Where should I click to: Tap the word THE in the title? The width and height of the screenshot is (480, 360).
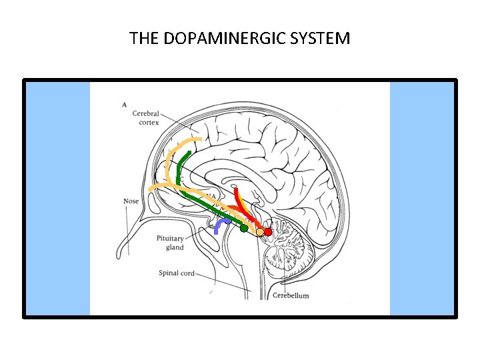(144, 38)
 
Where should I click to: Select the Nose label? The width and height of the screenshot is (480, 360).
(131, 201)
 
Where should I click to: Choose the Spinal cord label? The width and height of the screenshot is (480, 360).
(177, 273)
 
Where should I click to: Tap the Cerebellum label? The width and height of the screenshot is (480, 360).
(291, 295)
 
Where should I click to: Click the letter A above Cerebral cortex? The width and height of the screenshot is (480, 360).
(125, 104)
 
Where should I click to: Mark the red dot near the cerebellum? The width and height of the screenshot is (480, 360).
(267, 232)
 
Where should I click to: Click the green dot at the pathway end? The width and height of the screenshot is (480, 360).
(244, 228)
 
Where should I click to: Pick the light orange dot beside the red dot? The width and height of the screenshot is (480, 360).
(260, 232)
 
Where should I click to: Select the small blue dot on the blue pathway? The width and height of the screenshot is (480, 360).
(227, 220)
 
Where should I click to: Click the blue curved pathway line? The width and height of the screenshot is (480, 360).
(218, 227)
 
